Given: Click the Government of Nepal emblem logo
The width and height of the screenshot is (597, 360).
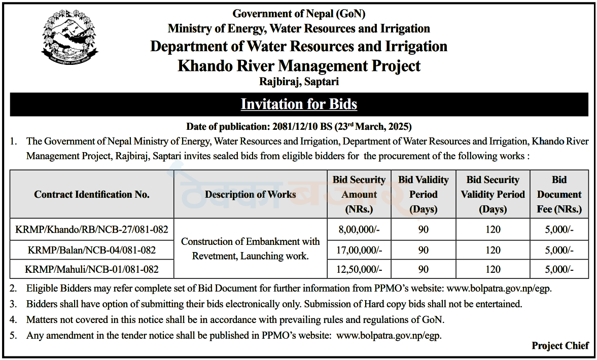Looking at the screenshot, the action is click(69, 38).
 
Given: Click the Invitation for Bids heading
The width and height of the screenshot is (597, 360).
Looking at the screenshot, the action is click(299, 104).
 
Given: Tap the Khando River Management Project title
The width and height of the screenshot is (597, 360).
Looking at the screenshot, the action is click(299, 66).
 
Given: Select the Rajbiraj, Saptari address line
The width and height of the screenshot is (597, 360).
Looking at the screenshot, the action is click(299, 82).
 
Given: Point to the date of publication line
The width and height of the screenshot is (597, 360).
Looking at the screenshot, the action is click(299, 126).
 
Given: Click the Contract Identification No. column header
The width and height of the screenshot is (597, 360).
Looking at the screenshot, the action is click(92, 195).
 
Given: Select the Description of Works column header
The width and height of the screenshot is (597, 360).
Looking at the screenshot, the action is click(250, 195).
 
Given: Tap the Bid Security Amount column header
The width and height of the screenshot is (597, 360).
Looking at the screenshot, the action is click(359, 195).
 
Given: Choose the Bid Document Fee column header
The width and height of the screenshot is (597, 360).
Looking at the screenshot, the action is click(559, 195).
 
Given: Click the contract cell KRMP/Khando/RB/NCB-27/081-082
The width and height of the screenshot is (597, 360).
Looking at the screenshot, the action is click(92, 230).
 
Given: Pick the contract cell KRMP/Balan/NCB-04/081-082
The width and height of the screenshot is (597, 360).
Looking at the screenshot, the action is click(92, 250).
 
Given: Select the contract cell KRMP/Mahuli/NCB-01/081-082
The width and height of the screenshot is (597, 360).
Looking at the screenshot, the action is click(92, 269).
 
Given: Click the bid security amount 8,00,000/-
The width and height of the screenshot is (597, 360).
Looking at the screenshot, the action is click(359, 230).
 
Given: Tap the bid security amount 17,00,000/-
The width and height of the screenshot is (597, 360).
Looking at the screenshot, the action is click(359, 250).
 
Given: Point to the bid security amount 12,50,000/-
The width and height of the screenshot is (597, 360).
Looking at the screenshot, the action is click(359, 269).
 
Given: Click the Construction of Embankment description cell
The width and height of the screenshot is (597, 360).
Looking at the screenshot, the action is click(250, 248).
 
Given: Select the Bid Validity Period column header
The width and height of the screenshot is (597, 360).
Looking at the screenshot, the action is click(424, 195).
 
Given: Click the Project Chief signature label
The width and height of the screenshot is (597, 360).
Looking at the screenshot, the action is click(560, 345).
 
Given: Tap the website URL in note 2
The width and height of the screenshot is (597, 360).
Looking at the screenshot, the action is click(499, 289).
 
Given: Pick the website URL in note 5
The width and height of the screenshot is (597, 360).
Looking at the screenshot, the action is click(389, 336).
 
